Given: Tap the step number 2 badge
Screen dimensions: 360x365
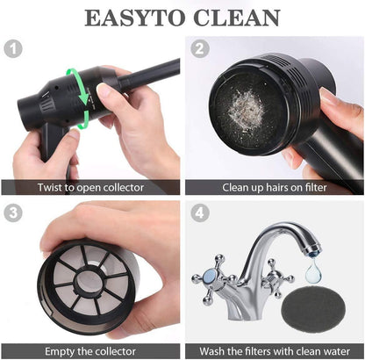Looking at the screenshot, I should [198, 49].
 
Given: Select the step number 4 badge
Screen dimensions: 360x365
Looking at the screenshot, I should [198, 212].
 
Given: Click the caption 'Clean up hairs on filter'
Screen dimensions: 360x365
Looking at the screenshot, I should [274, 187].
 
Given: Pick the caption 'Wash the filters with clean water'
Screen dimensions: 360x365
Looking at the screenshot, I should [274, 349].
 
